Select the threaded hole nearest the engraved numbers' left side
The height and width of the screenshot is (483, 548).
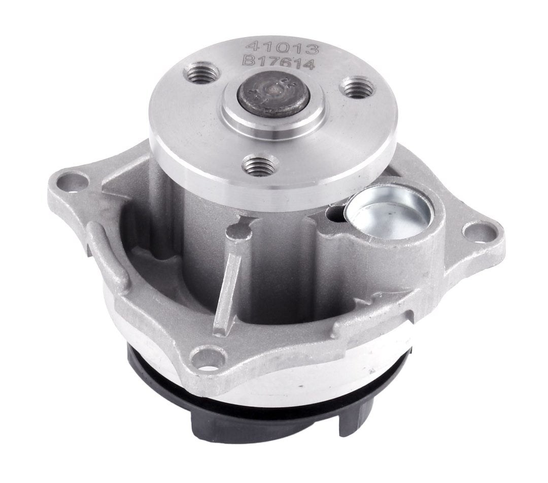tap(203, 75)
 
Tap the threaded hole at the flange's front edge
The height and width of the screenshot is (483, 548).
tap(260, 165)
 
